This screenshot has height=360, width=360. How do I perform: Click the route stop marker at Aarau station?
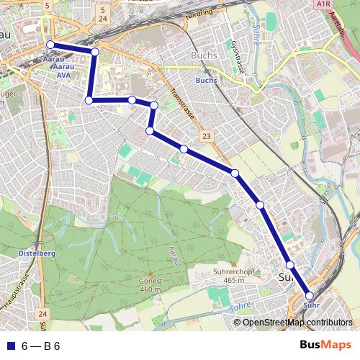(50, 45)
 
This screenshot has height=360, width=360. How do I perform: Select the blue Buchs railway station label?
(206, 81)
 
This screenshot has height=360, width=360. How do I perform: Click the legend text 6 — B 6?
(40, 346)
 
